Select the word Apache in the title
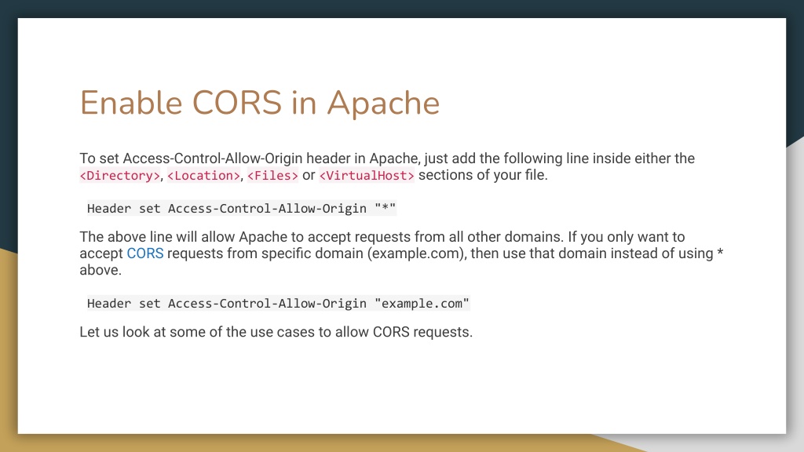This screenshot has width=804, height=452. click(x=383, y=103)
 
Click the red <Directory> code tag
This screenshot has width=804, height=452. click(x=120, y=176)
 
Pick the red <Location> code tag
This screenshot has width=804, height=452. click(x=204, y=176)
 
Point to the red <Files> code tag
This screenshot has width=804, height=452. click(x=272, y=176)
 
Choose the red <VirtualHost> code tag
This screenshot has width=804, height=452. click(x=367, y=176)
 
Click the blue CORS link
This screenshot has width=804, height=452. click(x=145, y=253)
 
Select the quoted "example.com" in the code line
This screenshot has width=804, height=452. click(x=422, y=304)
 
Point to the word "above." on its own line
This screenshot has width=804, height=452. click(x=100, y=270)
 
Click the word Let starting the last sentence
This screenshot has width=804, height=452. click(x=89, y=332)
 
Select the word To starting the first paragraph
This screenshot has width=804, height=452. click(x=87, y=159)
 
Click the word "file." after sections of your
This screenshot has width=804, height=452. click(x=532, y=175)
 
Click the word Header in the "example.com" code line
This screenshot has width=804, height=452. click(x=109, y=304)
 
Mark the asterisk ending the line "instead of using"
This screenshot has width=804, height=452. click(x=719, y=253)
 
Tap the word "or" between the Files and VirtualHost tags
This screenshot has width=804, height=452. click(x=309, y=175)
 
